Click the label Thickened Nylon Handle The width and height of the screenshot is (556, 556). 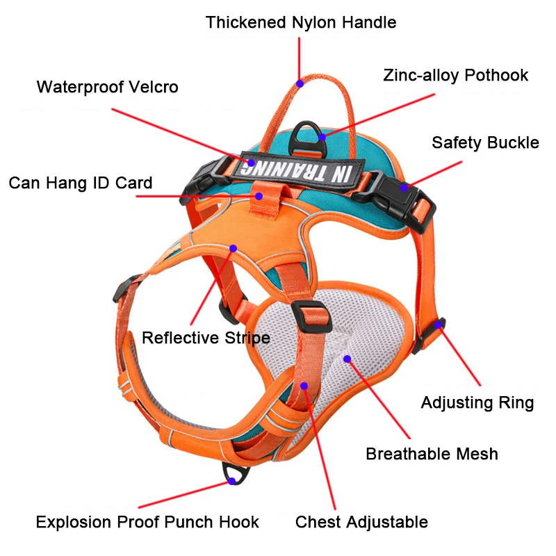[x=300, y=22]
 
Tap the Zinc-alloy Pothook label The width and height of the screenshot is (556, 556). [x=455, y=75]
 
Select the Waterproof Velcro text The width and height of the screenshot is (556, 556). [x=107, y=88]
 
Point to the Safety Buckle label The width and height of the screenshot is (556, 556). [x=484, y=143]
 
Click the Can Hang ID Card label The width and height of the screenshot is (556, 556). [x=80, y=183]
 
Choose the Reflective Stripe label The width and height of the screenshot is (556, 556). [x=206, y=338]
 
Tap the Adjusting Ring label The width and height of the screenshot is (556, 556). [x=477, y=403]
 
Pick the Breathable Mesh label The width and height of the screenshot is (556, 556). [x=432, y=455]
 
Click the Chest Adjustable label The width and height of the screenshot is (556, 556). [x=361, y=522]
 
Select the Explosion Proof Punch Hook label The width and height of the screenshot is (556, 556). [x=147, y=522]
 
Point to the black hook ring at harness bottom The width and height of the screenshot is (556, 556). [x=237, y=475]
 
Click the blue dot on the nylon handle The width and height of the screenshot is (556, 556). [x=300, y=83]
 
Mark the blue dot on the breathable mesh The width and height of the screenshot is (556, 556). [x=347, y=359]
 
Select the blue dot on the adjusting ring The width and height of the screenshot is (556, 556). [x=439, y=323]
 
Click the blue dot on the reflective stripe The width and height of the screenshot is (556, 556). [x=233, y=248]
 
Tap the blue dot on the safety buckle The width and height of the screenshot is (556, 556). [x=404, y=187]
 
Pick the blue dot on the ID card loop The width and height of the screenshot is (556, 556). [x=259, y=196]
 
